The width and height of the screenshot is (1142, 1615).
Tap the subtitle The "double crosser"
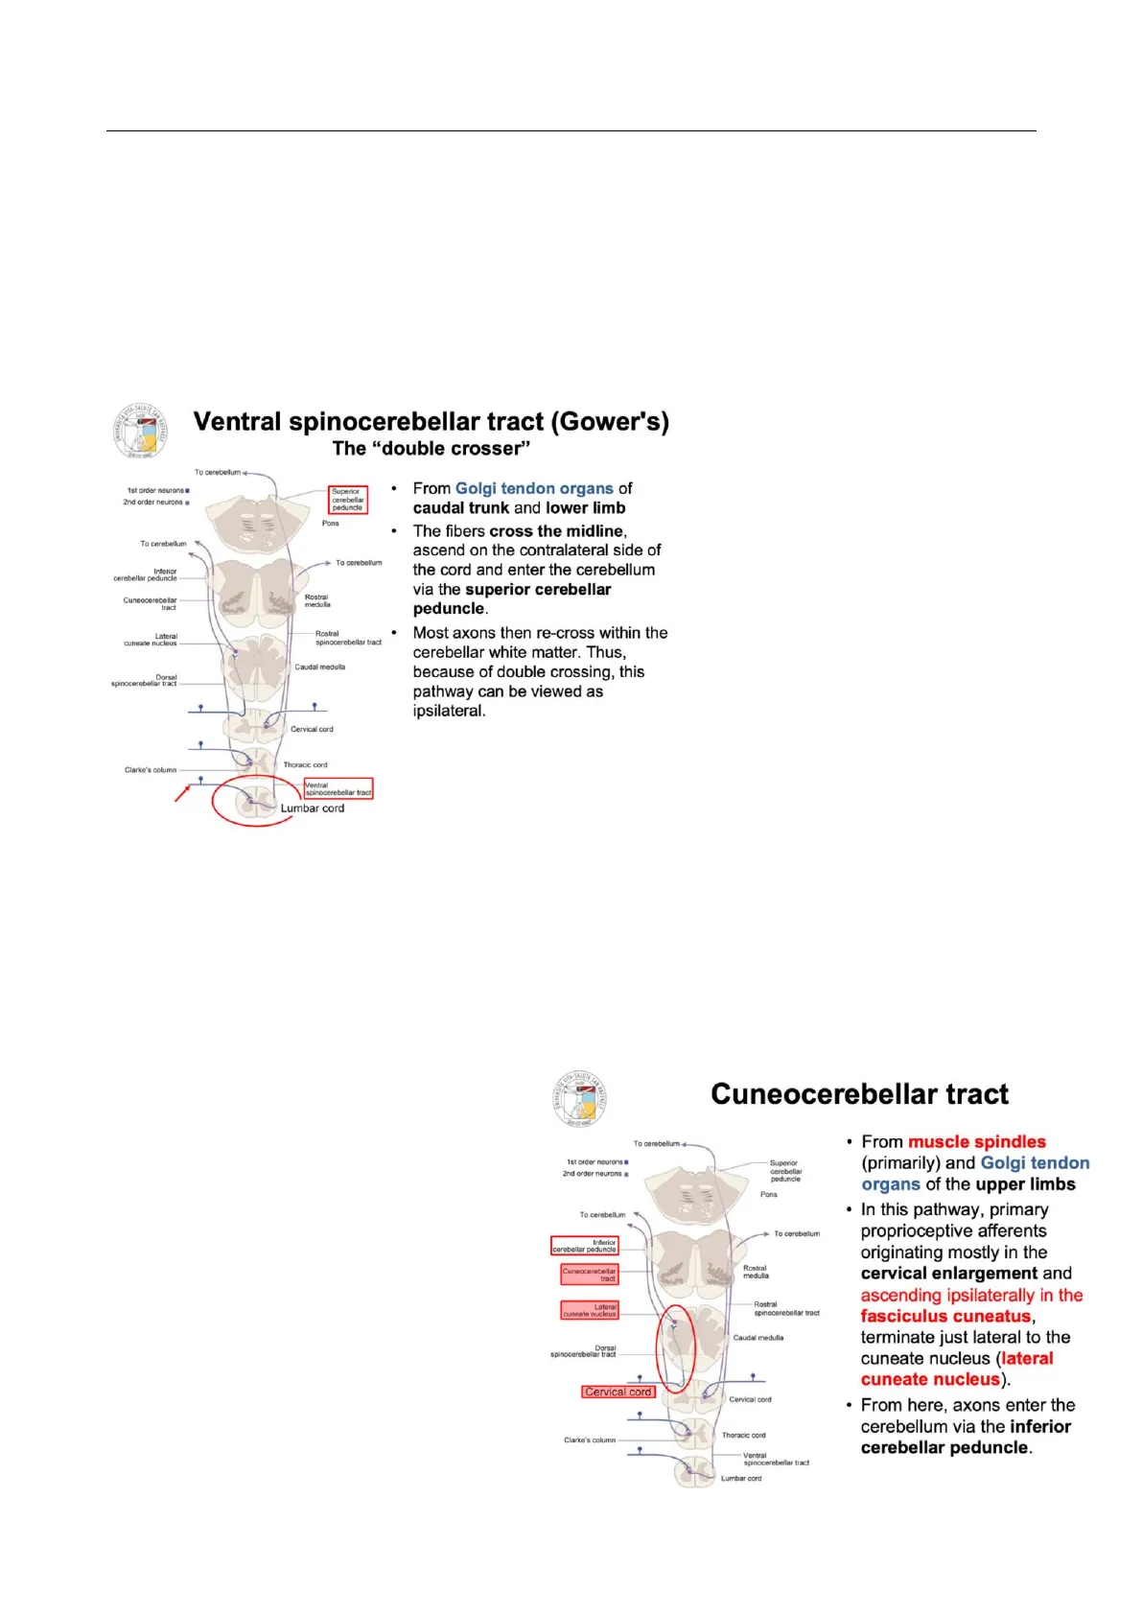coord(431,449)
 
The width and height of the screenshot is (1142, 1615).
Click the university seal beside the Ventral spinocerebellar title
coord(141,432)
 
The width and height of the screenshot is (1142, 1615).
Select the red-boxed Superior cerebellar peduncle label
coord(347,500)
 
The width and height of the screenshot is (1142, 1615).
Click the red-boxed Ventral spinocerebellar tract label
coord(338,788)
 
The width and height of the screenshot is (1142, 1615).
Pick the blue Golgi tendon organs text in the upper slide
coord(534,488)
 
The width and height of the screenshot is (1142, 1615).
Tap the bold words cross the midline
coord(556,531)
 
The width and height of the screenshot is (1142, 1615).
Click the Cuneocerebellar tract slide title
coord(859,1094)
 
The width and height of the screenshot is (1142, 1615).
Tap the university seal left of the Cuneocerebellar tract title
coord(580,1100)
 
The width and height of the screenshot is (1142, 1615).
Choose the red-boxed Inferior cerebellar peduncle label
coord(585,1246)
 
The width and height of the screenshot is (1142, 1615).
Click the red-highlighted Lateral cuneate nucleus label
coord(590,1310)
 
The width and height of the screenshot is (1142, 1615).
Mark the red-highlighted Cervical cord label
coord(618,1392)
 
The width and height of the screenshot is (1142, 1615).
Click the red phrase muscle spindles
coord(976,1141)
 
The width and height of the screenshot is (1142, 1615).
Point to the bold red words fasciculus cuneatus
coord(945,1317)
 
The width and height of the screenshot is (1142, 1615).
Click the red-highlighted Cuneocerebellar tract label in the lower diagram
coord(590,1275)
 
